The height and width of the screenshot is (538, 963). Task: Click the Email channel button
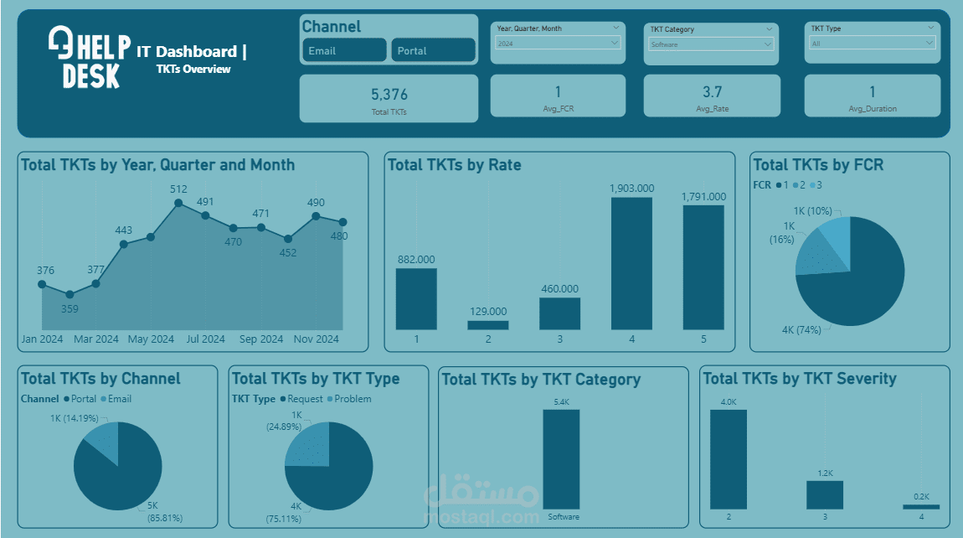coord(343,50)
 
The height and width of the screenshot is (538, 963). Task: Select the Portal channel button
coord(432,50)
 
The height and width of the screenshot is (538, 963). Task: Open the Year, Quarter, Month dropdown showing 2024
coord(557,43)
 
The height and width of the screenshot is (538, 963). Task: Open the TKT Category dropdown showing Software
coord(711,44)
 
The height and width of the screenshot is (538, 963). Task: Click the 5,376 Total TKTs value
coord(389,95)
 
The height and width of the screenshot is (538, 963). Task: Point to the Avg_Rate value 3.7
coord(712,92)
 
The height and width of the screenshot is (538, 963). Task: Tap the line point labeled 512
coord(178,203)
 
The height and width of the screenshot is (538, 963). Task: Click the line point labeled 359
coord(70,294)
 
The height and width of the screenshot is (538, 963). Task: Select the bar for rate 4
coord(631,263)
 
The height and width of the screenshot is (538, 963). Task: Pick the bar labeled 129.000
coord(488,324)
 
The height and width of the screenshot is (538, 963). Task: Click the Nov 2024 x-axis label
coord(316,339)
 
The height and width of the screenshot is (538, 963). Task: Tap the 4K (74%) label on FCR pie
coord(801,330)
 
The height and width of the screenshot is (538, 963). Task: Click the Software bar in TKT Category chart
coord(560,458)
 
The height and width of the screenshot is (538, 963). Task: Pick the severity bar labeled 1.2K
coord(825,494)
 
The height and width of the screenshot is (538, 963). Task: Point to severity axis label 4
coord(921,517)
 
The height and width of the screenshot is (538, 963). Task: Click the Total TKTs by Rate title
coord(455,165)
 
